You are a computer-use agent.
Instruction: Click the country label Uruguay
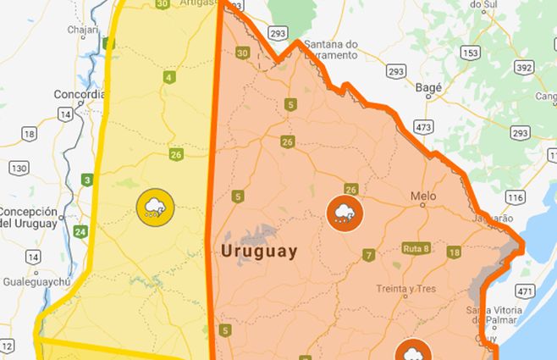[x=259, y=252]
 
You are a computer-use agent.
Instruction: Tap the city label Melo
[x=422, y=197]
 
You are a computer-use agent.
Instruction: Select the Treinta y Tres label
[x=406, y=289]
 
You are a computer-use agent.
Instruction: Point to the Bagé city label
[x=430, y=86]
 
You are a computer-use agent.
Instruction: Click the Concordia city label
[x=79, y=94]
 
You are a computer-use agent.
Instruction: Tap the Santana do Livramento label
[x=330, y=49]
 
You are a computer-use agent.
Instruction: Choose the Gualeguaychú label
[x=38, y=277]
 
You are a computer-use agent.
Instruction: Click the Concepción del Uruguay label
[x=29, y=218]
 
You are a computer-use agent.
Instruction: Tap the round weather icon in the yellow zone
[x=155, y=207]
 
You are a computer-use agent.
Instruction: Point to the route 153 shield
[x=472, y=53]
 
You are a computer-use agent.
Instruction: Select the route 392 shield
[x=524, y=68]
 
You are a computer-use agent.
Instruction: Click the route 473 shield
[x=423, y=126]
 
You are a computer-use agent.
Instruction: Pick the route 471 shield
[x=526, y=291]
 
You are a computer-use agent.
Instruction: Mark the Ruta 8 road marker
[x=416, y=249]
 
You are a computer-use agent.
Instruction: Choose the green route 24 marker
[x=80, y=231]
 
